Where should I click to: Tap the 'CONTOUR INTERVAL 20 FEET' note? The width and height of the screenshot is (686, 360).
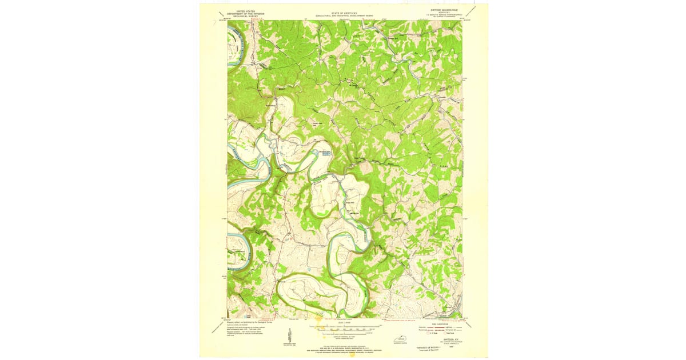click(344, 336)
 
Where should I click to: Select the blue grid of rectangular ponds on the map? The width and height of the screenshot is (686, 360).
click(325, 152)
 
